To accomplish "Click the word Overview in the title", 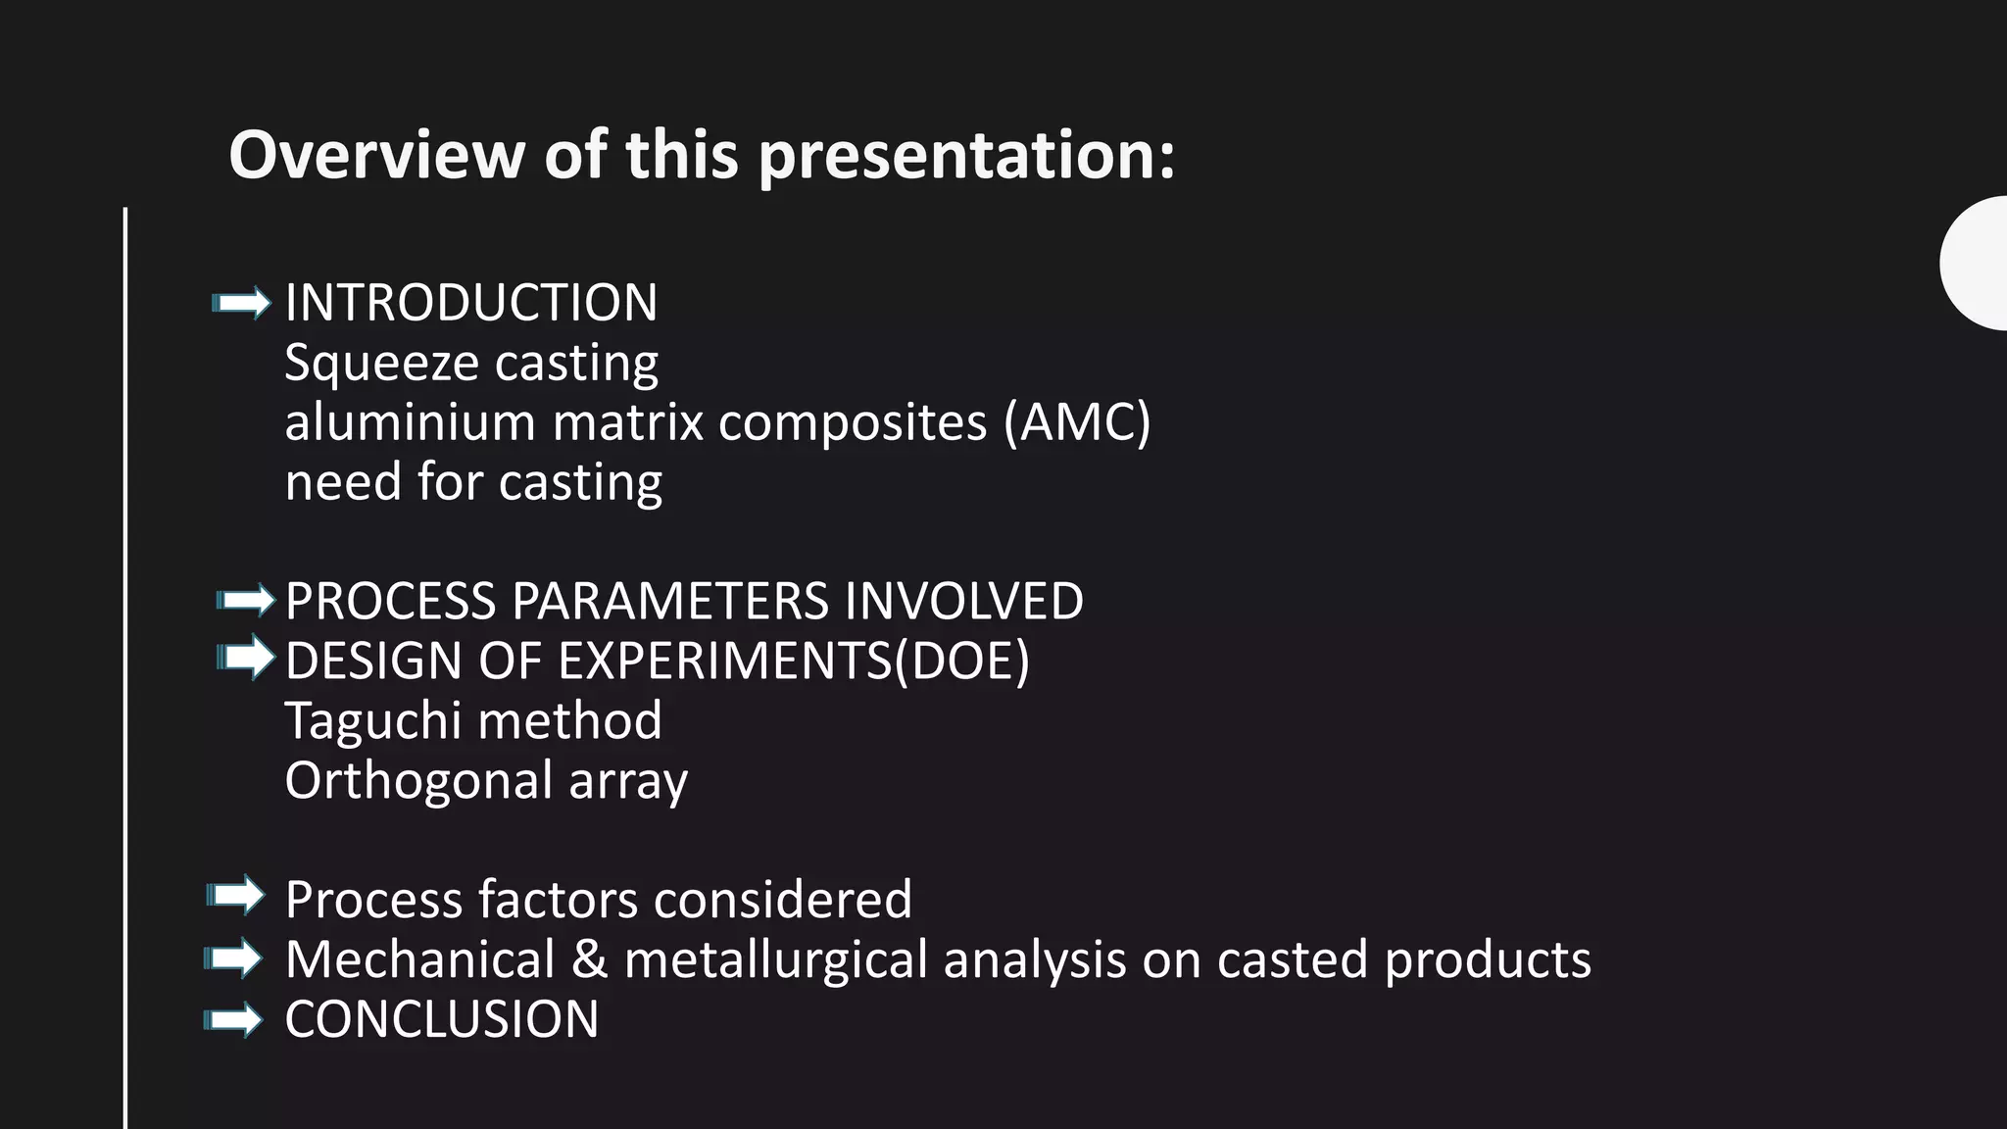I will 376,156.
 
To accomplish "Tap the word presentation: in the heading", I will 966,158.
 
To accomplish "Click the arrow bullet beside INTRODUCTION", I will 241,303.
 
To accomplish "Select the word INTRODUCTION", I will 470,303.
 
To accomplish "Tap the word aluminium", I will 410,423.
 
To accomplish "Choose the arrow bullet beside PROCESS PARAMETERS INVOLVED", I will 245,600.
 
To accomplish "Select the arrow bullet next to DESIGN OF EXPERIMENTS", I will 245,658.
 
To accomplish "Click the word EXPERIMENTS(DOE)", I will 794,662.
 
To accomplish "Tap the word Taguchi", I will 372,722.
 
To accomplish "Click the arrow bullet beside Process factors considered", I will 235,896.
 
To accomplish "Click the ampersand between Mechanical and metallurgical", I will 589,959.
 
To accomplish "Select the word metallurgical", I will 775,960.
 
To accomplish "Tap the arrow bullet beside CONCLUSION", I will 233,1020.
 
